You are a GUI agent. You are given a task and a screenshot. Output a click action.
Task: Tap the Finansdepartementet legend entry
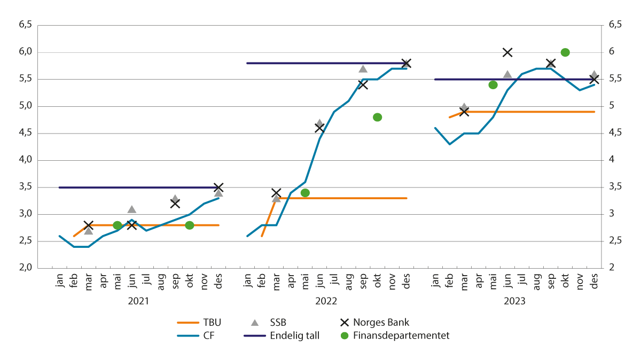[395, 336]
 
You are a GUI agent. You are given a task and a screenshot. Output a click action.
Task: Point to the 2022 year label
[326, 301]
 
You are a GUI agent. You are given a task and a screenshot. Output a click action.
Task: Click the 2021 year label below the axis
[138, 301]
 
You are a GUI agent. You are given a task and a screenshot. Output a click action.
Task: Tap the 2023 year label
[514, 301]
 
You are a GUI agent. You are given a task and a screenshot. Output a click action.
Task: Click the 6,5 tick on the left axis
[26, 25]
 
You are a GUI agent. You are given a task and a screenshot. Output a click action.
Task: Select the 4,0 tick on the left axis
[26, 160]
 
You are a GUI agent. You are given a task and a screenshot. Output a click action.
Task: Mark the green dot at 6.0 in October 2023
[565, 52]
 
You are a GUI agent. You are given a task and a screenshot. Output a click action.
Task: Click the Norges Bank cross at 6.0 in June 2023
[507, 52]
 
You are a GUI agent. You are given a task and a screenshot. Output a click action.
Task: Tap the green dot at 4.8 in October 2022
[377, 117]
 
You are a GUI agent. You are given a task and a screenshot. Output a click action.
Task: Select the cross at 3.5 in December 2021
[218, 187]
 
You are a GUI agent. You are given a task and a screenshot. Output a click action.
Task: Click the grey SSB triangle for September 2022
[363, 69]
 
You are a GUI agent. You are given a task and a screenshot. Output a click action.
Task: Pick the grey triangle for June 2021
[132, 209]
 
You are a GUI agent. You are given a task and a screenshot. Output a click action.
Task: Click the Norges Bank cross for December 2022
[406, 63]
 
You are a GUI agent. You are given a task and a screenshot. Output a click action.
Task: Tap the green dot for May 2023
[493, 85]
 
